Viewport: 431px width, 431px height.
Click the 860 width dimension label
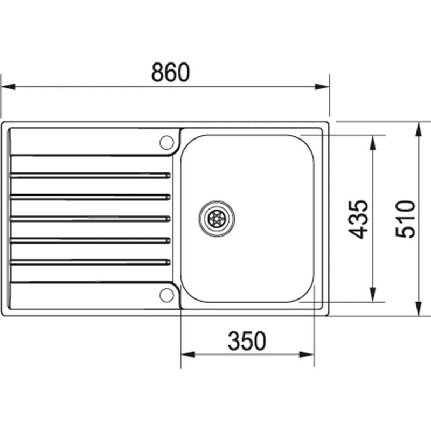click(170, 73)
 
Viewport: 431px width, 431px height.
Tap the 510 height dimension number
click(406, 219)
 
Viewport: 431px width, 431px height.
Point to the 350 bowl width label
click(247, 341)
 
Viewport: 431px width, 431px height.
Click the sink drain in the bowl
click(217, 218)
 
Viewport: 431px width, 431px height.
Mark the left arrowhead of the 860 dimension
click(6, 86)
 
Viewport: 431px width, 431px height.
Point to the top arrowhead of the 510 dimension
click(419, 128)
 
